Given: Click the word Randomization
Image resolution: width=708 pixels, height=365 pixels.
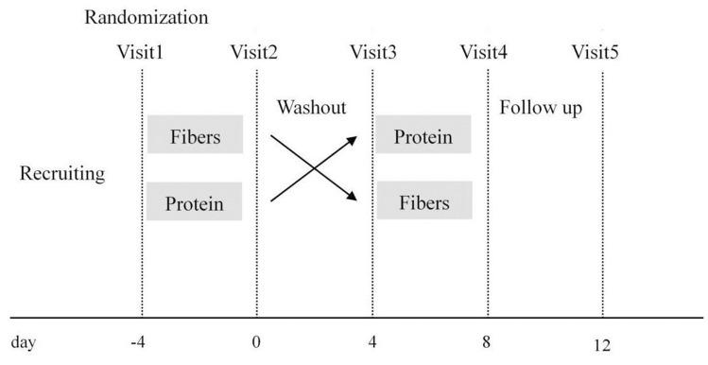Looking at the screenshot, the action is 147,17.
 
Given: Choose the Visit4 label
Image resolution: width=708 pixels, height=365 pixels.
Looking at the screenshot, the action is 484,51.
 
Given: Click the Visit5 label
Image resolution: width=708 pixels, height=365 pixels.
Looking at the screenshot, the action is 596,51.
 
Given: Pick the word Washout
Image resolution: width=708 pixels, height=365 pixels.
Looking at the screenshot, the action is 311,108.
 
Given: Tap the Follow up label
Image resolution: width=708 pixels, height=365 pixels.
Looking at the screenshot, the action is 540,108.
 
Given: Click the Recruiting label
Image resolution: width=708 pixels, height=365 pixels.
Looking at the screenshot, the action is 62,175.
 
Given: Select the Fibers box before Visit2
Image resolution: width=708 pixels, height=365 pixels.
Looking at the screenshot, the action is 195,137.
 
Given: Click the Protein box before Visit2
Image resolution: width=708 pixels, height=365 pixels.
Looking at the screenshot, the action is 195,202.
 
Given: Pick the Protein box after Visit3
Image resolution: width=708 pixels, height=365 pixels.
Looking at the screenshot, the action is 423,137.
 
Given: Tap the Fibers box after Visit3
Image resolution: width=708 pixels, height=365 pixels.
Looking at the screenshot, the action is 423,202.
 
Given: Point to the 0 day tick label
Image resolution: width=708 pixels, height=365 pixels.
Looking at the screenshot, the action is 256,339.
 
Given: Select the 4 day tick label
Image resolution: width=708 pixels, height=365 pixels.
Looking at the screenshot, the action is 371,339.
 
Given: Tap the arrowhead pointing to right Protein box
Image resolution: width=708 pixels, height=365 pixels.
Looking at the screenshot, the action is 353,139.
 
